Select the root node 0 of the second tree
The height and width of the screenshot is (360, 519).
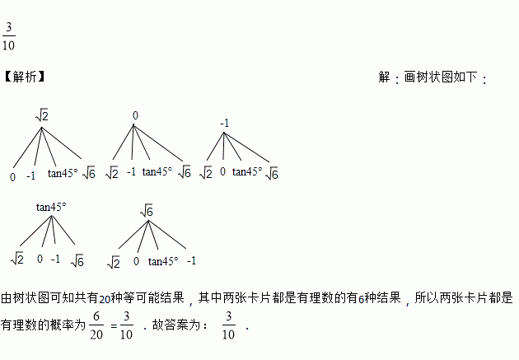pyautogui.click(x=134, y=115)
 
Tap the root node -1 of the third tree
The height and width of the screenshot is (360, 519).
pyautogui.click(x=224, y=124)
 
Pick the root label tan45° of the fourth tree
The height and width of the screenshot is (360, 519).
pyautogui.click(x=50, y=207)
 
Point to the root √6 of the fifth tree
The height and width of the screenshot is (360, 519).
pyautogui.click(x=147, y=212)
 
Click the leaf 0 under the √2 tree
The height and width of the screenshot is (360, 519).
pyautogui.click(x=13, y=175)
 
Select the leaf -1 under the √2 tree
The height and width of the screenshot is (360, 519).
pyautogui.click(x=31, y=175)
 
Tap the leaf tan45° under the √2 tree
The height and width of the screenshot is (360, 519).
pyautogui.click(x=63, y=173)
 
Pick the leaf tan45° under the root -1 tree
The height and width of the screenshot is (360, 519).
pyautogui.click(x=246, y=172)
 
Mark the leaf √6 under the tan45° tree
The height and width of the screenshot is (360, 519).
pyautogui.click(x=77, y=260)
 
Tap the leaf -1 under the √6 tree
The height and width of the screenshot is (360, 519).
pyautogui.click(x=191, y=261)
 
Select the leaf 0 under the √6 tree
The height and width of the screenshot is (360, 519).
pyautogui.click(x=136, y=262)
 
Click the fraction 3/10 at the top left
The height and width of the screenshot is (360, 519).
pyautogui.click(x=9, y=35)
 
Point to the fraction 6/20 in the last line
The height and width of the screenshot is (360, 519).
pyautogui.click(x=96, y=325)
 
